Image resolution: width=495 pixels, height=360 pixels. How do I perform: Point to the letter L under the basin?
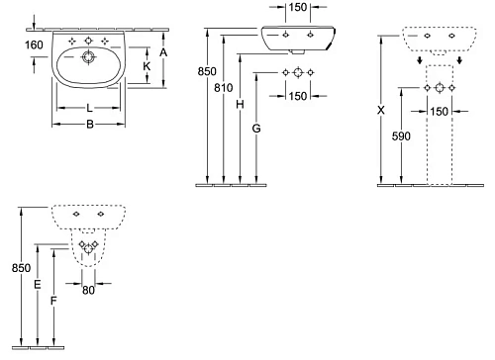point(89,106)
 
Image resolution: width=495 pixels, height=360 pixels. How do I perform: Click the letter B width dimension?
point(89,124)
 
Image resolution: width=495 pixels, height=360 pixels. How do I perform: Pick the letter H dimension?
point(241,104)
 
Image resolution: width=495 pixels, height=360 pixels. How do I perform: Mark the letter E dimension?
point(38,285)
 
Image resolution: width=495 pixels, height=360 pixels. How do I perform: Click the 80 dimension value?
point(88,290)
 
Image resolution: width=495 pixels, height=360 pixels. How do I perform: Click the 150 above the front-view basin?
point(297,9)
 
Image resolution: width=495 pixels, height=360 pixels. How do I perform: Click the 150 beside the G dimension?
point(296,95)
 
